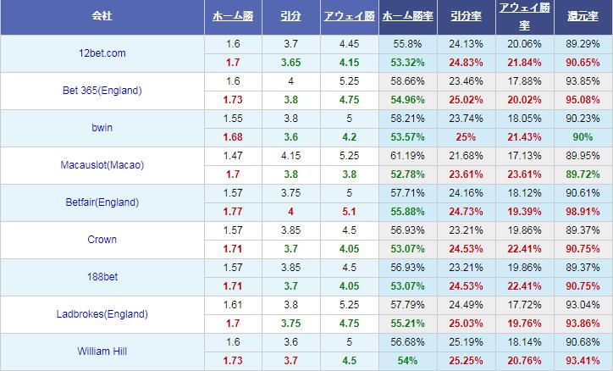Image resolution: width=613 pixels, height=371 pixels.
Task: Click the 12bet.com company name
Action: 102,53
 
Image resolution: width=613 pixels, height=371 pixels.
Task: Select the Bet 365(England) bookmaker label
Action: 102,91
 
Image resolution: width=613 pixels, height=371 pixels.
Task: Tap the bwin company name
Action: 102,127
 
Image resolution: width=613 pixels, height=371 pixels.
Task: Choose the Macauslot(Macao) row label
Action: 102,165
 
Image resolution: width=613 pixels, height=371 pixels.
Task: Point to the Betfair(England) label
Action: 102,202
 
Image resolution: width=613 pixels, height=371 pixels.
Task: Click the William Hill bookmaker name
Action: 102,351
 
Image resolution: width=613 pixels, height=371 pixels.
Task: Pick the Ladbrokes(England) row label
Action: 102,314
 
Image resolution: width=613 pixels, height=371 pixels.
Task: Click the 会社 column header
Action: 102,15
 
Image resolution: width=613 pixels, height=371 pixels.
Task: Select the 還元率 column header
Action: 583,16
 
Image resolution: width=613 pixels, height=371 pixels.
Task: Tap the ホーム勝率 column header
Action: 408,16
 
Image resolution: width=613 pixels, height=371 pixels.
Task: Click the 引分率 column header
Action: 466,16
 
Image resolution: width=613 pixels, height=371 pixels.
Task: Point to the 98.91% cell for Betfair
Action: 583,212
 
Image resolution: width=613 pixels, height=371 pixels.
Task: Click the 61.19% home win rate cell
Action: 408,156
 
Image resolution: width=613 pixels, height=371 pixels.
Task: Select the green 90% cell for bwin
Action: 583,137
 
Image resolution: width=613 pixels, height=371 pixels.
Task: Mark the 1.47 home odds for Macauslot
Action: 233,156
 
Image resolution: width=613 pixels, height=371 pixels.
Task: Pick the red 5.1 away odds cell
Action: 349,212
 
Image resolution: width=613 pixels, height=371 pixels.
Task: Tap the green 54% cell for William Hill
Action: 408,361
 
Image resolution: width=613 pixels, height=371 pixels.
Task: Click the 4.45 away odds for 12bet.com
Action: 349,44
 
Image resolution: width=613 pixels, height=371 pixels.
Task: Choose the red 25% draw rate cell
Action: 466,137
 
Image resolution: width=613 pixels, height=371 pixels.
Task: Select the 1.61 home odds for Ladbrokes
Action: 233,305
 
